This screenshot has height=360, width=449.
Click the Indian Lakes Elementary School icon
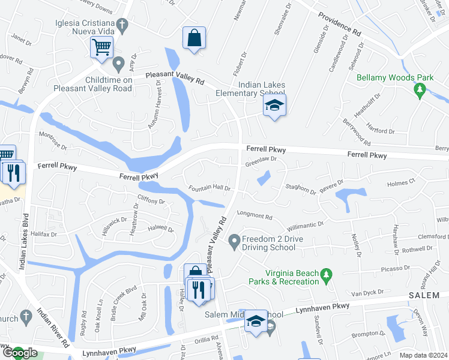click(x=274, y=106)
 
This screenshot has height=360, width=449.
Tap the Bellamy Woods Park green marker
click(x=420, y=91)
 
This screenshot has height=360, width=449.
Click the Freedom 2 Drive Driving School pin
click(x=234, y=241)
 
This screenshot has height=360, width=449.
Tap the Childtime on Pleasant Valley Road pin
click(x=118, y=63)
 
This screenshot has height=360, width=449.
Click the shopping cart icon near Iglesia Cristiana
click(x=101, y=47)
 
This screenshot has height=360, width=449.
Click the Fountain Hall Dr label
click(x=210, y=188)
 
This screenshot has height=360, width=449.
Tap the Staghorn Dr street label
click(x=300, y=190)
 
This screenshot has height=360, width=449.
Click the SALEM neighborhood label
click(x=425, y=296)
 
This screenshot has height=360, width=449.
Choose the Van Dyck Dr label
click(x=367, y=293)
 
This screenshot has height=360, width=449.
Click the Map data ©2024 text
click(x=423, y=355)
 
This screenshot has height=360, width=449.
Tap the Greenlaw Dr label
click(x=261, y=161)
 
